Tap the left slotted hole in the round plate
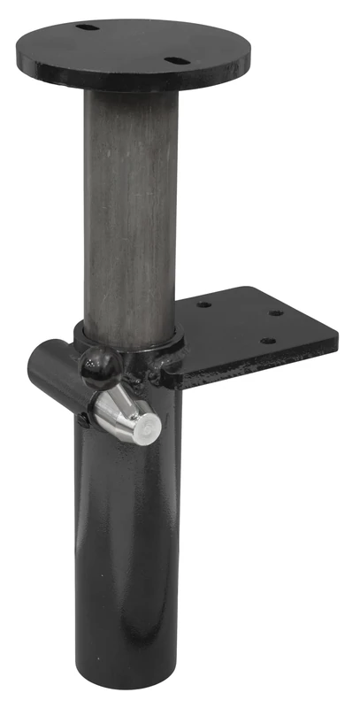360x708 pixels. [x=88, y=27]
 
